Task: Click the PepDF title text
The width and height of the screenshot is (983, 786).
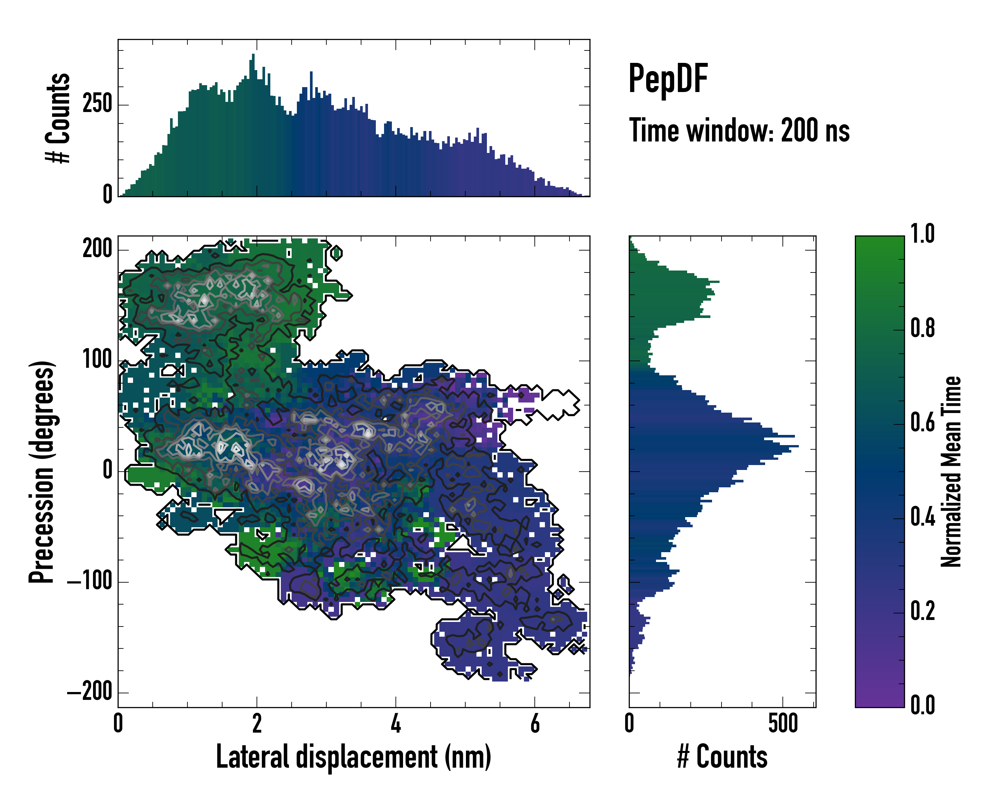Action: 668,79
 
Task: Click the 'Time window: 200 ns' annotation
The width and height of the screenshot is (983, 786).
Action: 739,131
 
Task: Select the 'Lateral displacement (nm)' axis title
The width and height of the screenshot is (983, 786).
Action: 353,757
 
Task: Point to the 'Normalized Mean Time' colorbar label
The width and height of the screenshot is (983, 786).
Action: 951,472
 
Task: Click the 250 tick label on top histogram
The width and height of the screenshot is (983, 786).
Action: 97,104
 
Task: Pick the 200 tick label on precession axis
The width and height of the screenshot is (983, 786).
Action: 97,249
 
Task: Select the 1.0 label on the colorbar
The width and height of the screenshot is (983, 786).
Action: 922,234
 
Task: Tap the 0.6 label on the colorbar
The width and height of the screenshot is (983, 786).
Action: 922,422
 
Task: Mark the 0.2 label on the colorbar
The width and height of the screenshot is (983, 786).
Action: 922,610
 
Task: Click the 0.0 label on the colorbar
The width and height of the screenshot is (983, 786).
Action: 922,705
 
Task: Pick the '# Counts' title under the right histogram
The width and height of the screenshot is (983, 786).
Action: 722,757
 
